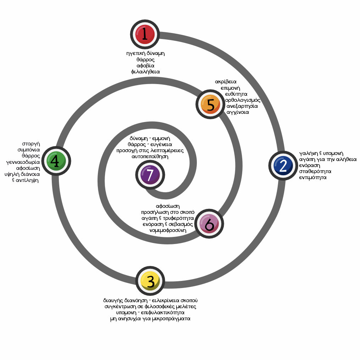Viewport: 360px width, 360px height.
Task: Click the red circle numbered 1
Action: pos(145,34)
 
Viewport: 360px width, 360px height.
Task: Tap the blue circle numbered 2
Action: pos(283,166)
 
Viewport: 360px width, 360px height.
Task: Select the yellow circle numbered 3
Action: pos(150,281)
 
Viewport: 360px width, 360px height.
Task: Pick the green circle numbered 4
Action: pos(56,161)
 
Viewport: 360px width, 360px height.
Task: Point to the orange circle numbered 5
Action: pos(211,105)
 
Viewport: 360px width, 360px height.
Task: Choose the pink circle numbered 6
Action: pos(209,224)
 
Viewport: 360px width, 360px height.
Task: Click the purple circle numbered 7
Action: pos(150,175)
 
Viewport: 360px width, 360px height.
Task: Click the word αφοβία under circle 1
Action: pos(145,66)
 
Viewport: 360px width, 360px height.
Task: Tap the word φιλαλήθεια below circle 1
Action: pos(145,72)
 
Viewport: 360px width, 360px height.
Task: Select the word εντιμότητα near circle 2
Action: pos(312,177)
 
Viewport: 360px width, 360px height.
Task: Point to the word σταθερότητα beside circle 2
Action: pos(315,171)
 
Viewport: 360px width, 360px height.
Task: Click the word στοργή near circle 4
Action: pos(31,144)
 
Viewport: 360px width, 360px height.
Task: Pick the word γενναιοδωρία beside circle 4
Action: pos(23,162)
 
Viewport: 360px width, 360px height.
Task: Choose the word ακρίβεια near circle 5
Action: pos(226,82)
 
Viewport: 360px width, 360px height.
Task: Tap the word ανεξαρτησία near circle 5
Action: pos(242,106)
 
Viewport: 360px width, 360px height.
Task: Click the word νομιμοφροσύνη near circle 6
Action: pos(168,230)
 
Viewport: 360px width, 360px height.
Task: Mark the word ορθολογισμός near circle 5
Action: pos(243,100)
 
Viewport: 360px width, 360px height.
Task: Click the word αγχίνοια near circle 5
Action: pos(238,112)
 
